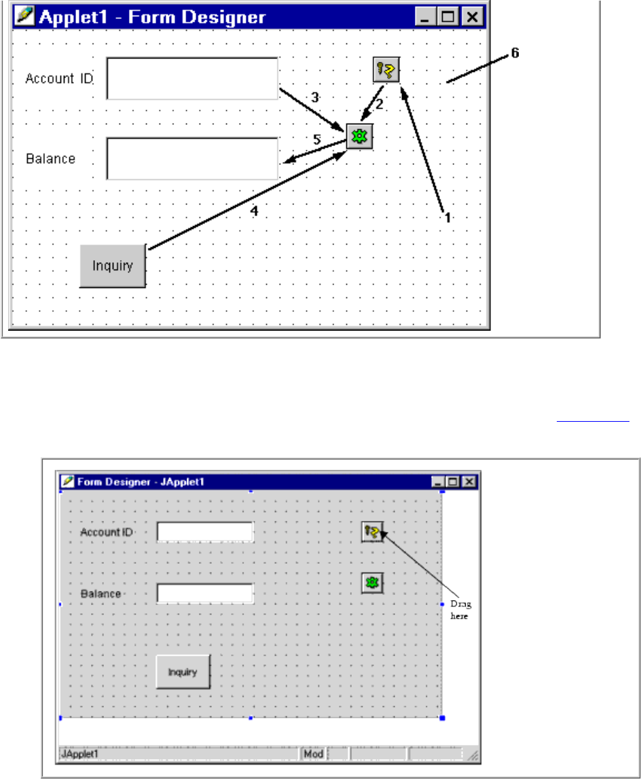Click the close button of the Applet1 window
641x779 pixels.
(472, 17)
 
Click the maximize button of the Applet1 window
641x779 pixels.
(449, 17)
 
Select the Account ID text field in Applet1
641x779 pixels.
(192, 78)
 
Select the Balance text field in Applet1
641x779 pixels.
(192, 159)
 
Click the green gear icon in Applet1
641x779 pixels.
(359, 137)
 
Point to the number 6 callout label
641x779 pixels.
(515, 54)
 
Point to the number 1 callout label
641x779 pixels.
(447, 217)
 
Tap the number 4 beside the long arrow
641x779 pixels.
(254, 211)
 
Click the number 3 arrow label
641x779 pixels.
(315, 97)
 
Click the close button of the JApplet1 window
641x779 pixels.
(469, 482)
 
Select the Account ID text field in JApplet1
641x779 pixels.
(205, 532)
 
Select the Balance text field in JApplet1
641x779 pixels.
(205, 594)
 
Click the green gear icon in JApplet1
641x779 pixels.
(372, 582)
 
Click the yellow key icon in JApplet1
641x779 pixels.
(372, 532)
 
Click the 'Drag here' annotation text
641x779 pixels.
(460, 611)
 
